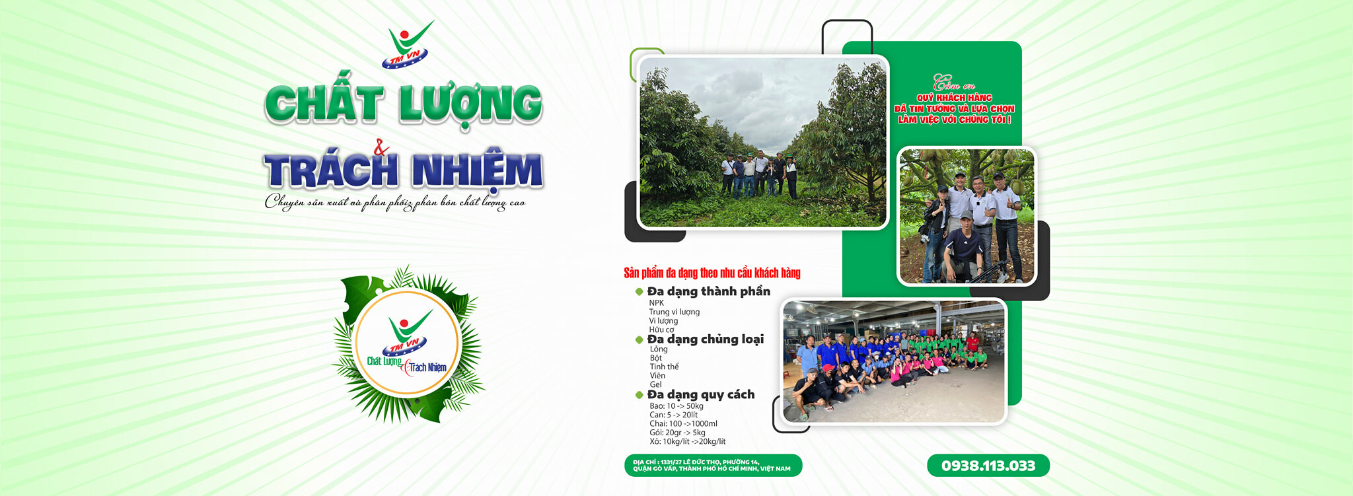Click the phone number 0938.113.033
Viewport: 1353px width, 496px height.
pyautogui.click(x=988, y=466)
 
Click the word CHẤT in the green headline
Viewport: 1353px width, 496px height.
pyautogui.click(x=323, y=104)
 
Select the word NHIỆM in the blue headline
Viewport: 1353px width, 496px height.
pyautogui.click(x=476, y=170)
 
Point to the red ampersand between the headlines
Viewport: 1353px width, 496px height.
pyautogui.click(x=381, y=149)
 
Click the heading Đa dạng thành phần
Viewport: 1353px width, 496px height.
pyautogui.click(x=708, y=291)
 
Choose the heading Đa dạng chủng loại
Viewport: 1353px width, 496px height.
pyautogui.click(x=705, y=339)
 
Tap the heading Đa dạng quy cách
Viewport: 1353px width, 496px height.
pyautogui.click(x=700, y=394)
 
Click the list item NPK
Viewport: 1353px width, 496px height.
pyautogui.click(x=656, y=303)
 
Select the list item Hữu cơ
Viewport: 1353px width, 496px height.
pyautogui.click(x=661, y=330)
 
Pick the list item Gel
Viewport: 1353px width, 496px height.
pyautogui.click(x=655, y=384)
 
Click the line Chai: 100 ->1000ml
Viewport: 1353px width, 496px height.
pyautogui.click(x=683, y=424)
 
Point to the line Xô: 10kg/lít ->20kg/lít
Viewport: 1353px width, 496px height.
pyautogui.click(x=687, y=441)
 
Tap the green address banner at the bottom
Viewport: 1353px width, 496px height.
pyautogui.click(x=713, y=466)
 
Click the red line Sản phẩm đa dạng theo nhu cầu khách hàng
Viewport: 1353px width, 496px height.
pyautogui.click(x=712, y=273)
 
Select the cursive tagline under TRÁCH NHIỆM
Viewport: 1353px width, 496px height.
pyautogui.click(x=395, y=202)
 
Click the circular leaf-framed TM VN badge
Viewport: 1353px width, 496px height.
pyautogui.click(x=407, y=343)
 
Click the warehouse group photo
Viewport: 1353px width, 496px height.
pyautogui.click(x=893, y=361)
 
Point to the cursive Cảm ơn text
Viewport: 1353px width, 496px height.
pyautogui.click(x=953, y=84)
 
